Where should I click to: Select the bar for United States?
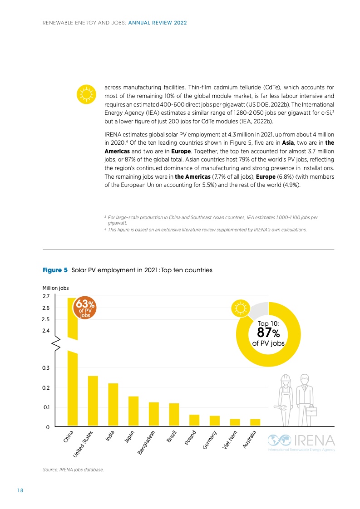tap(93, 401)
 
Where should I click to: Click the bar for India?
tap(113, 405)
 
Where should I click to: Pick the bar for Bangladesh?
tap(154, 414)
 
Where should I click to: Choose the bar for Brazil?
tap(174, 415)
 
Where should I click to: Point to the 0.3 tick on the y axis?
tap(46, 367)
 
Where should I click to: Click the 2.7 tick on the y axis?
tap(46, 296)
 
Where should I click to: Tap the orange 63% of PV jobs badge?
tap(85, 308)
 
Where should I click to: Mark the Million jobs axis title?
tap(55, 288)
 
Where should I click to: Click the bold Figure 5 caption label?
tap(55, 270)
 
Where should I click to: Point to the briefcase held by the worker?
tap(311, 411)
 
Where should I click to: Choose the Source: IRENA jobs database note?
tap(73, 469)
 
